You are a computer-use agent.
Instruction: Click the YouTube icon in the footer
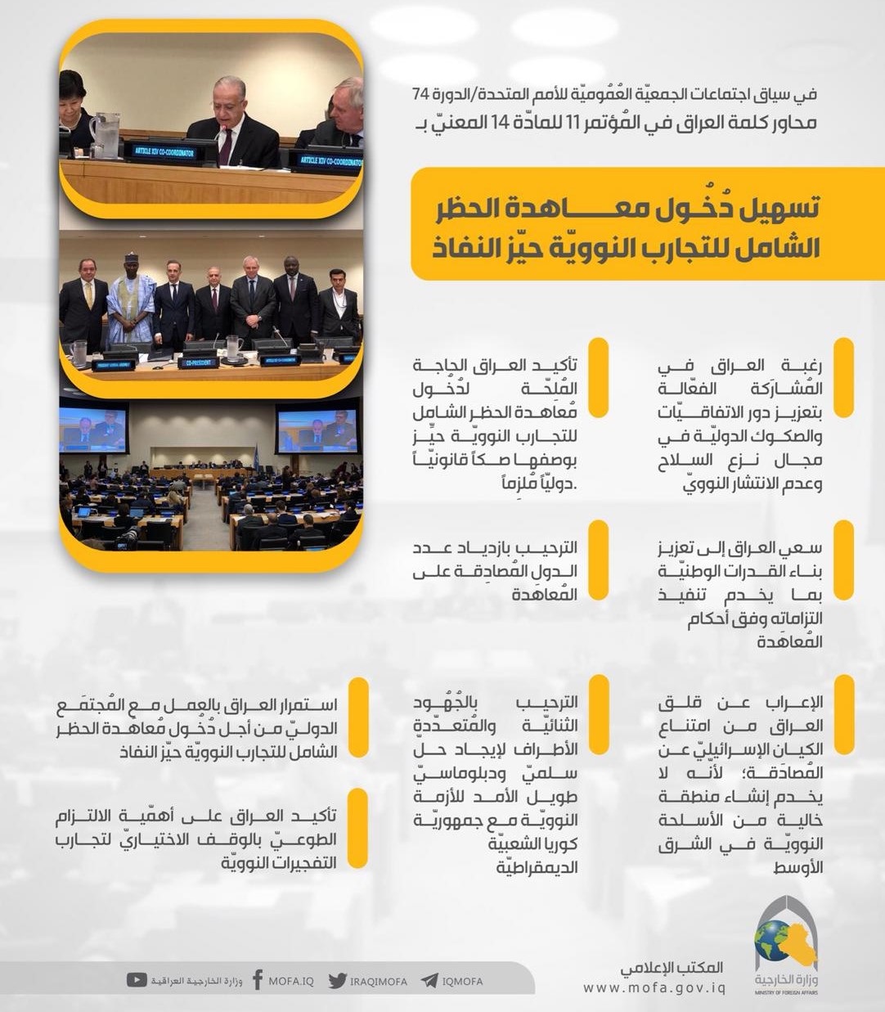pos(138,979)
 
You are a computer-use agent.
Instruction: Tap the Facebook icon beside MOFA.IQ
pos(258,980)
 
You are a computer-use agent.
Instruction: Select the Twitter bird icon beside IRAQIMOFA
pos(337,980)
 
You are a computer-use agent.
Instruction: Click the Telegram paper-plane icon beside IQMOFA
pos(429,980)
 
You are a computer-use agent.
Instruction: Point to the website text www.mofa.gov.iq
pos(654,987)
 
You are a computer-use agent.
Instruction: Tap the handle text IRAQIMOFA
pos(377,981)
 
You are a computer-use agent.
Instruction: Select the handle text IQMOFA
pos(462,981)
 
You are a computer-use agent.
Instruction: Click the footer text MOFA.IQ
pos(291,981)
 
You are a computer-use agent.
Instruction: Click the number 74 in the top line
pos(420,94)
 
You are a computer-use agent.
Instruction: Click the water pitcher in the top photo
pos(106,134)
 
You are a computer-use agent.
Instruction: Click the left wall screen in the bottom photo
pos(95,428)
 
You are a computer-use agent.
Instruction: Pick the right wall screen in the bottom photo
pos(317,428)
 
